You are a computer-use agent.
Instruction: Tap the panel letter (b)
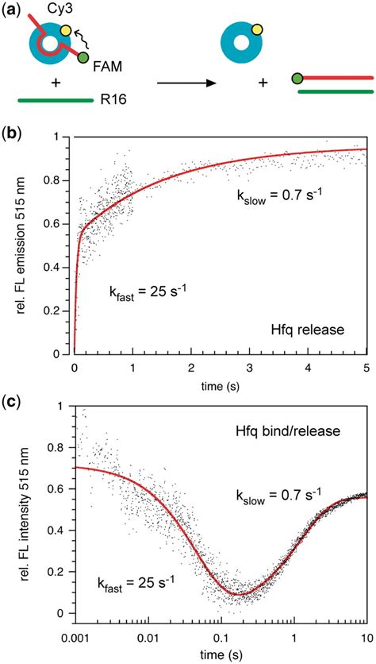point(12,131)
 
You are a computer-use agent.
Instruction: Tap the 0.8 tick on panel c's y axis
point(54,449)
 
